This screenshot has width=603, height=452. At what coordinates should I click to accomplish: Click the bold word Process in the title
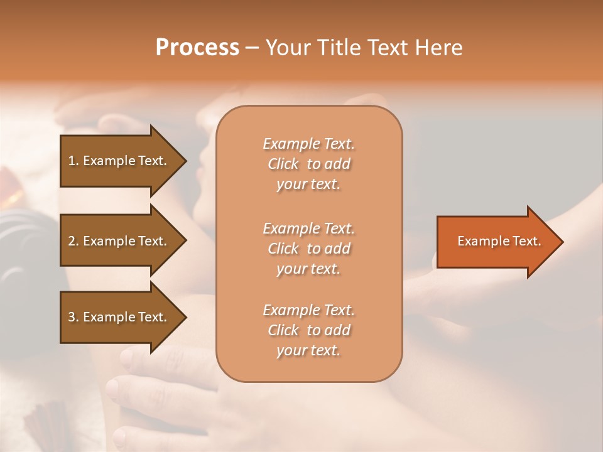[197, 47]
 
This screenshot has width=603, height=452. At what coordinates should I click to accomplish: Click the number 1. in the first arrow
[73, 161]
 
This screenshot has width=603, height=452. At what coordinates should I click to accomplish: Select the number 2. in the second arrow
[73, 241]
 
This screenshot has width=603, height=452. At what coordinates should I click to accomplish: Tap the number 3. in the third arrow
[73, 317]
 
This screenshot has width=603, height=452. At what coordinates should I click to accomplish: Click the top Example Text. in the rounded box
[308, 144]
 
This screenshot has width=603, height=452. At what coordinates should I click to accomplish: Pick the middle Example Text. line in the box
[308, 228]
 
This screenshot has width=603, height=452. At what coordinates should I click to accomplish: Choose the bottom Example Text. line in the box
[308, 310]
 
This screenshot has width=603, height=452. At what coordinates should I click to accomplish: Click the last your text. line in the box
[308, 351]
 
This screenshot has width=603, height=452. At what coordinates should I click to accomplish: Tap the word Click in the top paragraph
[283, 164]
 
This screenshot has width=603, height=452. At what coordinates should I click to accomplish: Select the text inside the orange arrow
[499, 241]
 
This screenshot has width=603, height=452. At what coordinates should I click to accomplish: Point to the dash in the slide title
[252, 48]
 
